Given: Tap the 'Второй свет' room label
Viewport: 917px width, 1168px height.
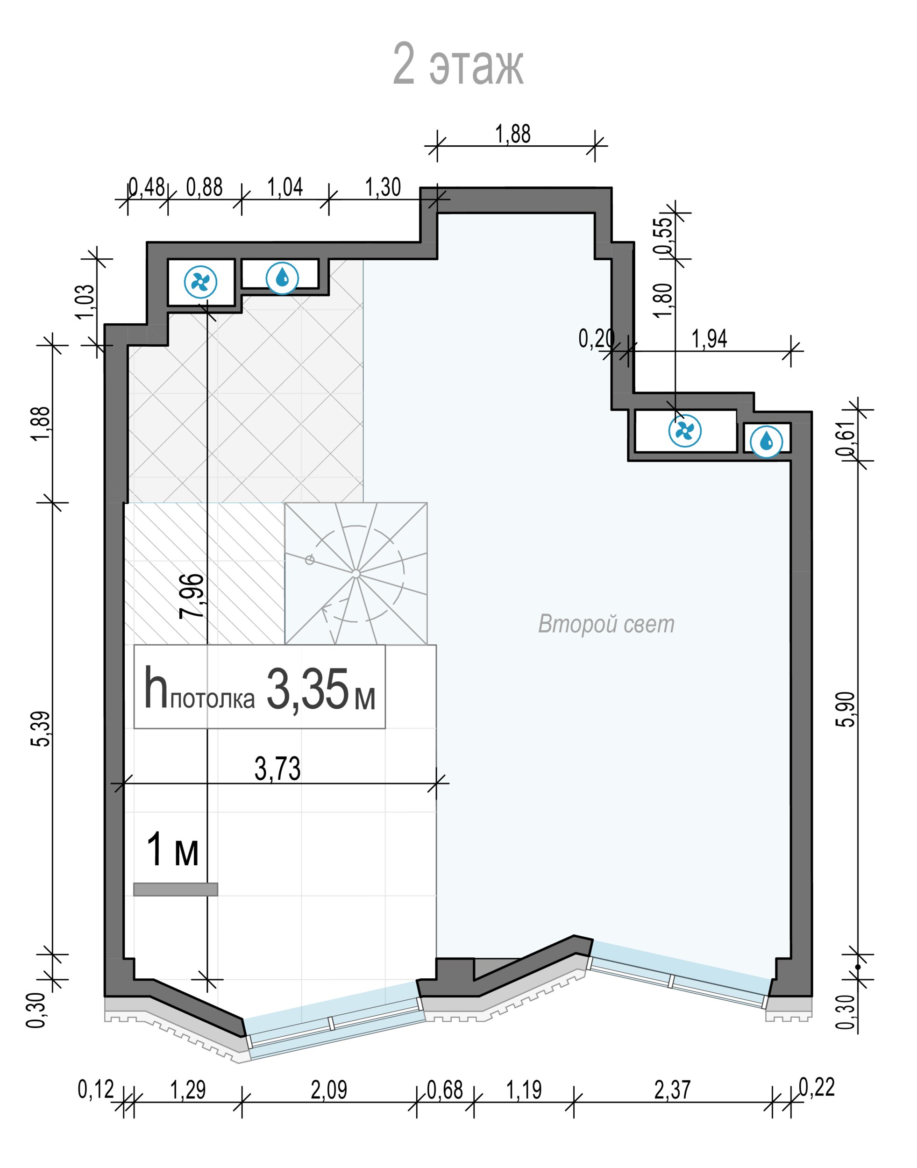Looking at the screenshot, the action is (x=606, y=624).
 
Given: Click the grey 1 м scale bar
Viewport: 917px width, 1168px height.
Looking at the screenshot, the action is (x=176, y=889).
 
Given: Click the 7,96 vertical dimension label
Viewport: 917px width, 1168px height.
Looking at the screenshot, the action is (x=192, y=596).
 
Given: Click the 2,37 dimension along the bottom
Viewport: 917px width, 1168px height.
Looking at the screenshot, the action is (x=672, y=1090).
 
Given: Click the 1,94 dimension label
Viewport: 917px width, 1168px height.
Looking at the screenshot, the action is (x=709, y=339).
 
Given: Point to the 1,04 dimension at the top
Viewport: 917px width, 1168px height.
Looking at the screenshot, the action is (x=285, y=187).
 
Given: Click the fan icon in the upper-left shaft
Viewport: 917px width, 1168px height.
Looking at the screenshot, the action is (x=201, y=282).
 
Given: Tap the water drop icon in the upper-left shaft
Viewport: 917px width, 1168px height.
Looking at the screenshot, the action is (x=283, y=278).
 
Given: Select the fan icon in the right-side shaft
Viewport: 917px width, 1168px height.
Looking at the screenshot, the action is (x=685, y=430).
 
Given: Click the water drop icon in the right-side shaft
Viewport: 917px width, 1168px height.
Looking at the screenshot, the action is (x=767, y=442).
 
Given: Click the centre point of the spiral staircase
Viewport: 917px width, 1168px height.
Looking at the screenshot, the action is (x=356, y=574).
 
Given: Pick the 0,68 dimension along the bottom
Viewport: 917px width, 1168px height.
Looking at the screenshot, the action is (x=445, y=1090).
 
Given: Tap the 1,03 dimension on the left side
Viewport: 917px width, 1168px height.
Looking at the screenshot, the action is (x=85, y=301).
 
